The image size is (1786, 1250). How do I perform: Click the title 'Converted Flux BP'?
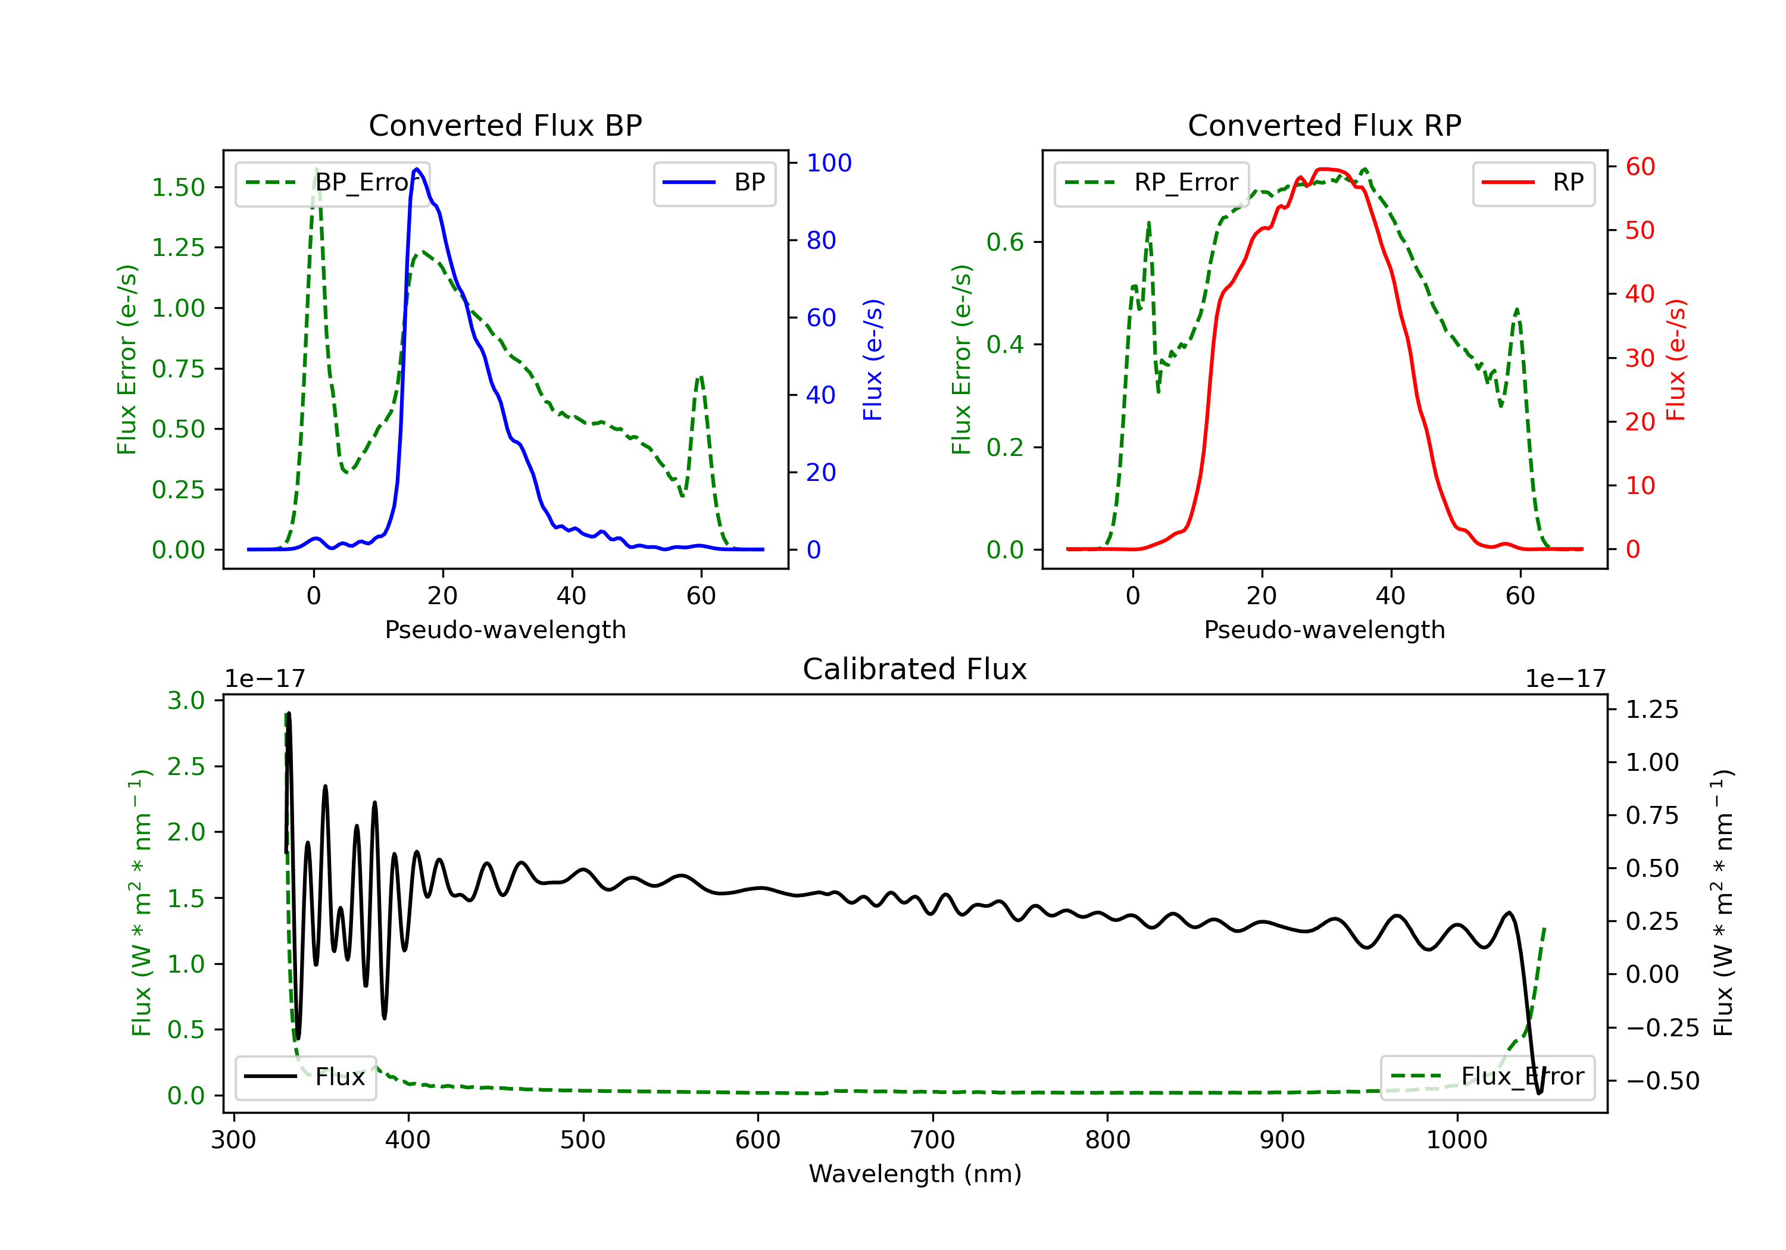click(505, 125)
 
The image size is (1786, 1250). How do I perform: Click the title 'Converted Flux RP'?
click(1324, 125)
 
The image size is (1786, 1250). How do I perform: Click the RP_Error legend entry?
click(1151, 183)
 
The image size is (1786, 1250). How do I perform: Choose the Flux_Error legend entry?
click(1487, 1077)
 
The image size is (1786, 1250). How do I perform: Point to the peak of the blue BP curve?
click(417, 169)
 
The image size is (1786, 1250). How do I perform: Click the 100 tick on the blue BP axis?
click(829, 162)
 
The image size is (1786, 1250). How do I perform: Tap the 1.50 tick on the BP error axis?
click(178, 187)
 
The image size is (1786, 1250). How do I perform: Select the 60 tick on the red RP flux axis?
click(1640, 167)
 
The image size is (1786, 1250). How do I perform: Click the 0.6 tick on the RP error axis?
click(1005, 242)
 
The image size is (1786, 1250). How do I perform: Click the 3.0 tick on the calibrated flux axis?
click(186, 701)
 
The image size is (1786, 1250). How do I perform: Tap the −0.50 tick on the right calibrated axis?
click(1662, 1080)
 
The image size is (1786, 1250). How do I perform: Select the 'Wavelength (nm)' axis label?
click(915, 1174)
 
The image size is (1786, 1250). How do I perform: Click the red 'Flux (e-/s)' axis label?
click(1675, 360)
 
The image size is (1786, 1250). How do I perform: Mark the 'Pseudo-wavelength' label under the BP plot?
click(505, 629)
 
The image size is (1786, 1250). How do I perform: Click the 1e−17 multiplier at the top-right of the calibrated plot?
click(1565, 679)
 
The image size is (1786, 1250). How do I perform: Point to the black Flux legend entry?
click(306, 1077)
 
